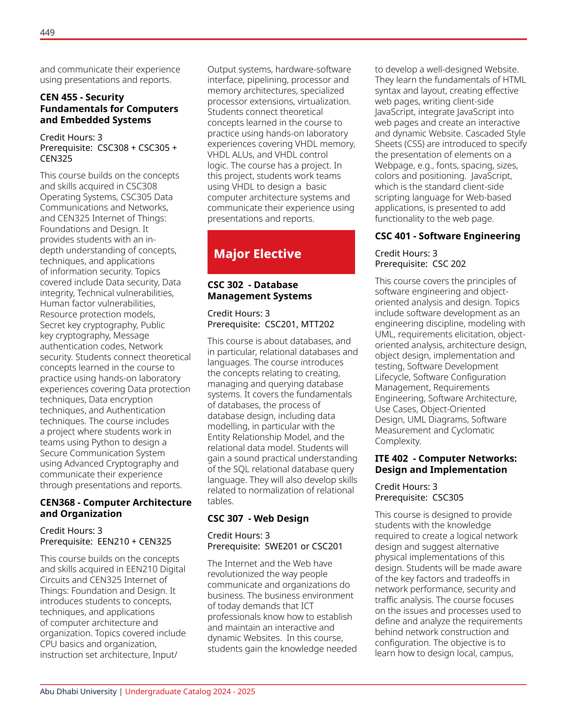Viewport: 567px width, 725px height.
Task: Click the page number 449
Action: [x=47, y=32]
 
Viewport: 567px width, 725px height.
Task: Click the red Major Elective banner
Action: [x=281, y=252]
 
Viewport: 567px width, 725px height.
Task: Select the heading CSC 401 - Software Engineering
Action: [x=447, y=236]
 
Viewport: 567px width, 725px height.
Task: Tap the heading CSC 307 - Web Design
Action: [x=258, y=519]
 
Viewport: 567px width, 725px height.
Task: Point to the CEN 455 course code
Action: [x=58, y=97]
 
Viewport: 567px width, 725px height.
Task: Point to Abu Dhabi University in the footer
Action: [x=78, y=692]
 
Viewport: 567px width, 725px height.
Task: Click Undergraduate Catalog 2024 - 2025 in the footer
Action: [x=190, y=692]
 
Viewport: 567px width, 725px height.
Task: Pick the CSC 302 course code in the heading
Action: [x=225, y=285]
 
